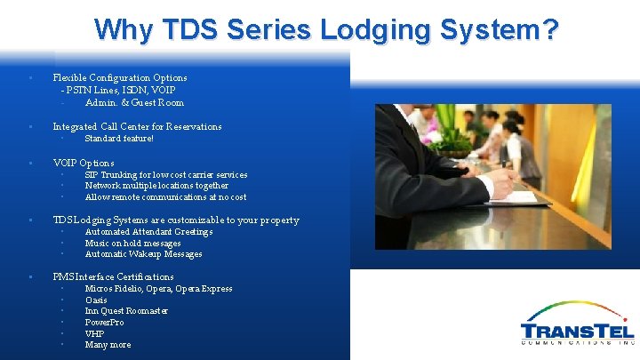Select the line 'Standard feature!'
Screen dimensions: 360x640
[x=119, y=139]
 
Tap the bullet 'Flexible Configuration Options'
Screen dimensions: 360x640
[x=120, y=77]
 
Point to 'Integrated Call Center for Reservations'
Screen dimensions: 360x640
[x=137, y=126]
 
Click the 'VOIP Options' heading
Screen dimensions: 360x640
[x=84, y=163]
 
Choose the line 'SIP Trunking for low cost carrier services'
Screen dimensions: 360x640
[x=165, y=175]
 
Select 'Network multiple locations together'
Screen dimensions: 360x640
[x=156, y=186]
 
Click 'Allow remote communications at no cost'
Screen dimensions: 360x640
[x=165, y=197]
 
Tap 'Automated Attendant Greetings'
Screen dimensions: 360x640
[x=148, y=232]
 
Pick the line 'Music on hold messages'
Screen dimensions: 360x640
[x=132, y=244]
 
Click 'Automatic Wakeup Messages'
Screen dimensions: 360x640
[x=143, y=254]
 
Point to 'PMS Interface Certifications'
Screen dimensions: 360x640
[x=113, y=276]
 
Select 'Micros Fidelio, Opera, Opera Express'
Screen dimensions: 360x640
[x=158, y=289]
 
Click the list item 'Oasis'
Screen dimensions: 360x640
[x=96, y=300]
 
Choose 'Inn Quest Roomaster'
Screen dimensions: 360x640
[x=126, y=311]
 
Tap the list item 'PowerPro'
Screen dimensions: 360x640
[x=104, y=323]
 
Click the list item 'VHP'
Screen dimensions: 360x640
[x=94, y=334]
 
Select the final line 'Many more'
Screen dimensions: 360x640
[x=108, y=345]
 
